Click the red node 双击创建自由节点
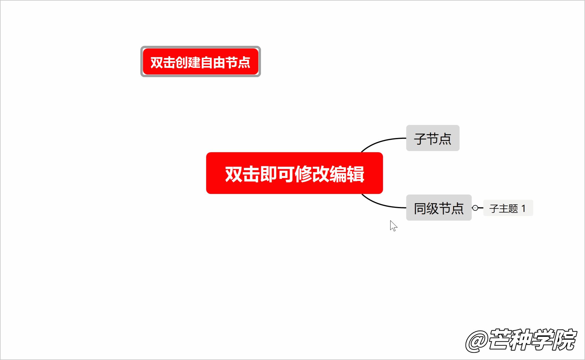pos(200,62)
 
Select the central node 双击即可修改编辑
pos(294,173)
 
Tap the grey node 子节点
pos(433,138)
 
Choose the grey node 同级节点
pos(439,208)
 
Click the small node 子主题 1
pos(508,208)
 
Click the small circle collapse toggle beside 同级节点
pos(475,208)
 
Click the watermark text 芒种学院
pos(532,340)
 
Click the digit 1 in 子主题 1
pos(524,208)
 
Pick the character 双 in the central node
pos(233,174)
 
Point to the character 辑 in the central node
pos(355,174)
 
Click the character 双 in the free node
pos(157,62)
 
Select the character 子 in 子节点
pos(420,139)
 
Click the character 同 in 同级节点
pos(420,208)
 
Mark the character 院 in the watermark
pos(565,340)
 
